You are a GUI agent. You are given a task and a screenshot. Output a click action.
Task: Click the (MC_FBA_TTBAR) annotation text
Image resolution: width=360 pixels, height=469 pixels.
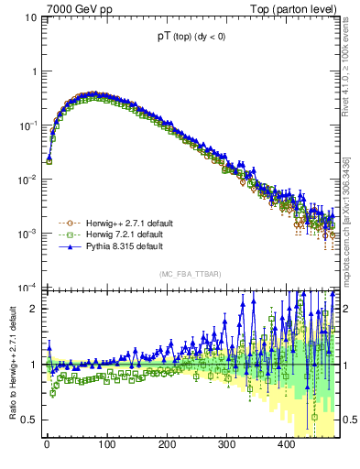point(190,273)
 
